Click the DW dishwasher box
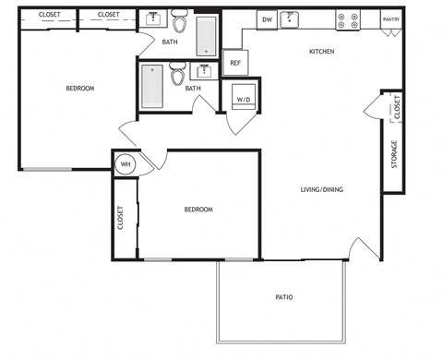coord(266,18)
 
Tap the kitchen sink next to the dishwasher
coord(292,18)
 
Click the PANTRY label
coord(391,18)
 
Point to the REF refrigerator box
coord(235,63)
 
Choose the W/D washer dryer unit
coord(245,98)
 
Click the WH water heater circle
coord(126,165)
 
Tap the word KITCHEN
coord(320,52)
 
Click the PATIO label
coord(284,297)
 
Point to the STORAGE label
coord(394,152)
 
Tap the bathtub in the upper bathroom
coord(206,35)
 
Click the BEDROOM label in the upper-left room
coord(79,89)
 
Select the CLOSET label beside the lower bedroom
coord(120,218)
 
